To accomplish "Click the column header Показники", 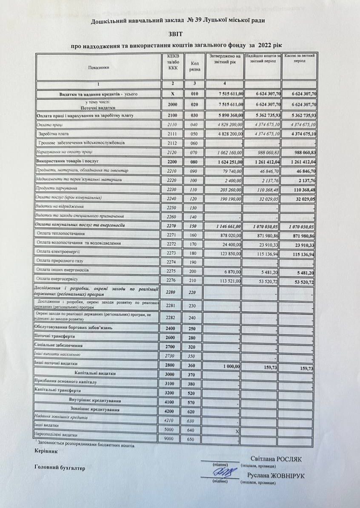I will (x=99, y=67).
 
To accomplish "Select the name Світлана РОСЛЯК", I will (x=276, y=459).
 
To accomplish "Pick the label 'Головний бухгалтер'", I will (x=60, y=468).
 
